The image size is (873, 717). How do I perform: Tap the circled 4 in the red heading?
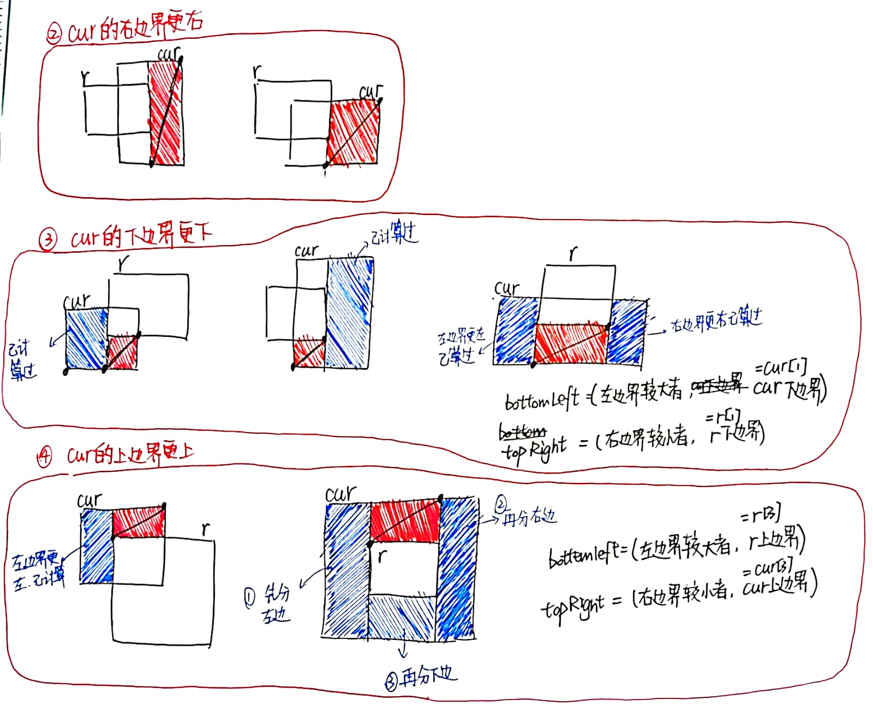pyautogui.click(x=44, y=457)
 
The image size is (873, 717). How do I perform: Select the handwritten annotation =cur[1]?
pyautogui.click(x=781, y=368)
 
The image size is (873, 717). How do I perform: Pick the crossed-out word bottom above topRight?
pyautogui.click(x=522, y=432)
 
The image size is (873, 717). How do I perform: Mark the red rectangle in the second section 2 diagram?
pyautogui.click(x=354, y=132)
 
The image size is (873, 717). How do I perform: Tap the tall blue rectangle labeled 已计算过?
pyautogui.click(x=348, y=313)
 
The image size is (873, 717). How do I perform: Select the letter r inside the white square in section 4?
pyautogui.click(x=382, y=556)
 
